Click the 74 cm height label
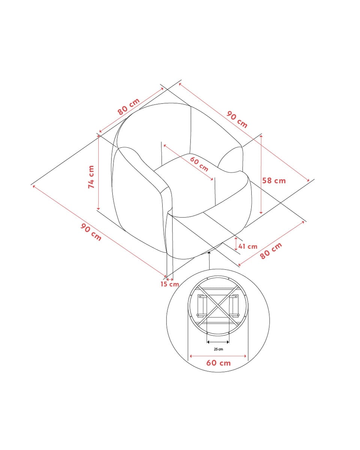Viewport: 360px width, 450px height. (91, 177)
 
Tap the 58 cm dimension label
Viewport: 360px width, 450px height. (274, 181)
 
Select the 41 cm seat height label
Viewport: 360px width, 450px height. (247, 246)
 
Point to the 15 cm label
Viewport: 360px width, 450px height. (169, 284)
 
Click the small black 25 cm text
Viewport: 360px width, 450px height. (218, 349)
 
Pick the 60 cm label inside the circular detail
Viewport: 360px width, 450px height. (218, 363)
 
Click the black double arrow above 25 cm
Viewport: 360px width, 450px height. (218, 342)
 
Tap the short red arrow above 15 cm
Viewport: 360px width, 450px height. (170, 279)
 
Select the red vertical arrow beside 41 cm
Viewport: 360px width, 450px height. (236, 244)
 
